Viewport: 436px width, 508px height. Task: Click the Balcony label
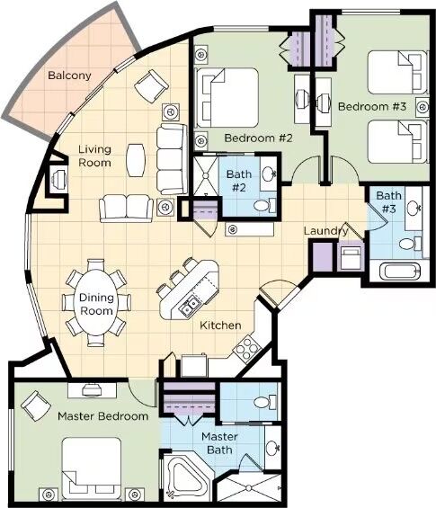coord(69,76)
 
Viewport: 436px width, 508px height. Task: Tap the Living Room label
coord(95,156)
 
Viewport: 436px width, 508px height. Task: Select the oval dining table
coord(96,303)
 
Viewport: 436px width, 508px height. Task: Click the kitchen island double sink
coord(188,306)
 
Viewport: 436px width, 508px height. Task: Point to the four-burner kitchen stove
coord(247,348)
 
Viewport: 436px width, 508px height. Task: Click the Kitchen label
coord(220,325)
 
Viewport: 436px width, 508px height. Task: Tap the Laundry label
coord(325,231)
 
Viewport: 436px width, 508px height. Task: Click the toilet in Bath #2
coord(264,205)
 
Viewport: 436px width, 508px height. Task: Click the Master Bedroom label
coord(103,416)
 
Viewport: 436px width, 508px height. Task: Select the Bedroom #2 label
coord(258,138)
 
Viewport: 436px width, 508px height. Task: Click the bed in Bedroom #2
coord(227,97)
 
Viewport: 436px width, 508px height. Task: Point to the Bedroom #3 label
coord(372,107)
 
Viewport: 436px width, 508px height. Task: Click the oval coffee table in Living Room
coord(136,160)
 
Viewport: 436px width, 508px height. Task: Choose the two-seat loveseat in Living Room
coord(127,209)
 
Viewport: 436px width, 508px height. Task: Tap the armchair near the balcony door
coord(151,86)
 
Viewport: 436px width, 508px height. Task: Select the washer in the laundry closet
coord(351,257)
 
